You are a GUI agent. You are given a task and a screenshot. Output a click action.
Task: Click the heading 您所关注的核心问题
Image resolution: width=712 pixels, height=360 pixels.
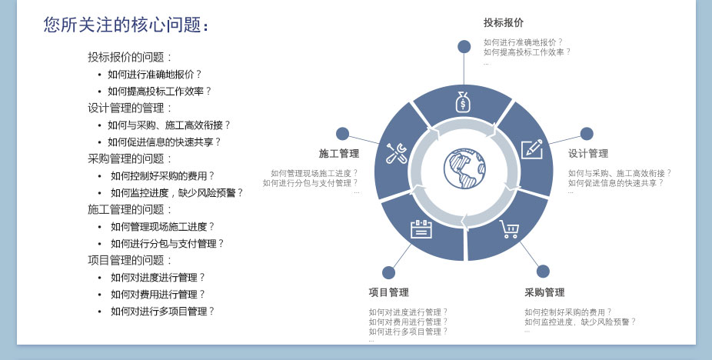126,25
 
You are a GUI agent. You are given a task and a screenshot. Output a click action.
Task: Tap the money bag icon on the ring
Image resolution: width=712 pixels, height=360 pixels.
463,102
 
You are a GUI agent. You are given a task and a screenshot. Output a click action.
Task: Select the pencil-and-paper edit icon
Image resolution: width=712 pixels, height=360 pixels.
532,148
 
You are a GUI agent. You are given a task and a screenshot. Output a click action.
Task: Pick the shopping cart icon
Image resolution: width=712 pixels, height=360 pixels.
509,229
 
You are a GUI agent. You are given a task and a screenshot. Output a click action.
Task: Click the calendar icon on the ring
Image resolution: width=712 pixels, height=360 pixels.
421,228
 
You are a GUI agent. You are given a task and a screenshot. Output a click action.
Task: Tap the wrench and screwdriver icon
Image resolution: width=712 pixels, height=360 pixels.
396,153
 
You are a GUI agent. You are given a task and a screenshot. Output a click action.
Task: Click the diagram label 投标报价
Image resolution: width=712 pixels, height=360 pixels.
504,22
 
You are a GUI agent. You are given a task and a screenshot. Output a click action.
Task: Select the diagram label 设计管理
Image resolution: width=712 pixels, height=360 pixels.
588,154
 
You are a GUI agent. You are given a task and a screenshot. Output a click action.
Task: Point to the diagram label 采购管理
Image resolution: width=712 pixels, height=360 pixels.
544,292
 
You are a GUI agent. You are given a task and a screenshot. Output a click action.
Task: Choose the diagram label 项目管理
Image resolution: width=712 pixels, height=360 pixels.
388,292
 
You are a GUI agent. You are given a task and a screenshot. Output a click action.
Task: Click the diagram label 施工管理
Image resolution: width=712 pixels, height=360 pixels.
339,154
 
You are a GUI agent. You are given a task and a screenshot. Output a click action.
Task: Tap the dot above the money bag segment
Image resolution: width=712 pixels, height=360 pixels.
464,47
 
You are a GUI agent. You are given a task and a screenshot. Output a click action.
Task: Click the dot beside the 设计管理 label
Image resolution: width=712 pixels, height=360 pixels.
587,134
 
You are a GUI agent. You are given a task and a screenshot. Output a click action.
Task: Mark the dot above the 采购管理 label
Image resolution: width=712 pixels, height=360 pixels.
543,271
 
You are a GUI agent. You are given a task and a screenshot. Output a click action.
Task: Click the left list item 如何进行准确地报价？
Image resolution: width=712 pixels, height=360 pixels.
155,75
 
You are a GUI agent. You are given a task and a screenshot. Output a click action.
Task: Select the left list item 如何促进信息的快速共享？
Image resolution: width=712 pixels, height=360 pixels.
164,142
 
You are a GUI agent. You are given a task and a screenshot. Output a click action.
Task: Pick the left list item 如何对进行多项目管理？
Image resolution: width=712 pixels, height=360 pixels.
162,312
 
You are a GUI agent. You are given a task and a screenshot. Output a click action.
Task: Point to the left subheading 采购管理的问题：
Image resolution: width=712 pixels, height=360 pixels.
130,159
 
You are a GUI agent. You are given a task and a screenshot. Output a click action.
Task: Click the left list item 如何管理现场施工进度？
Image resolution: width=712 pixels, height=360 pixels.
162,227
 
